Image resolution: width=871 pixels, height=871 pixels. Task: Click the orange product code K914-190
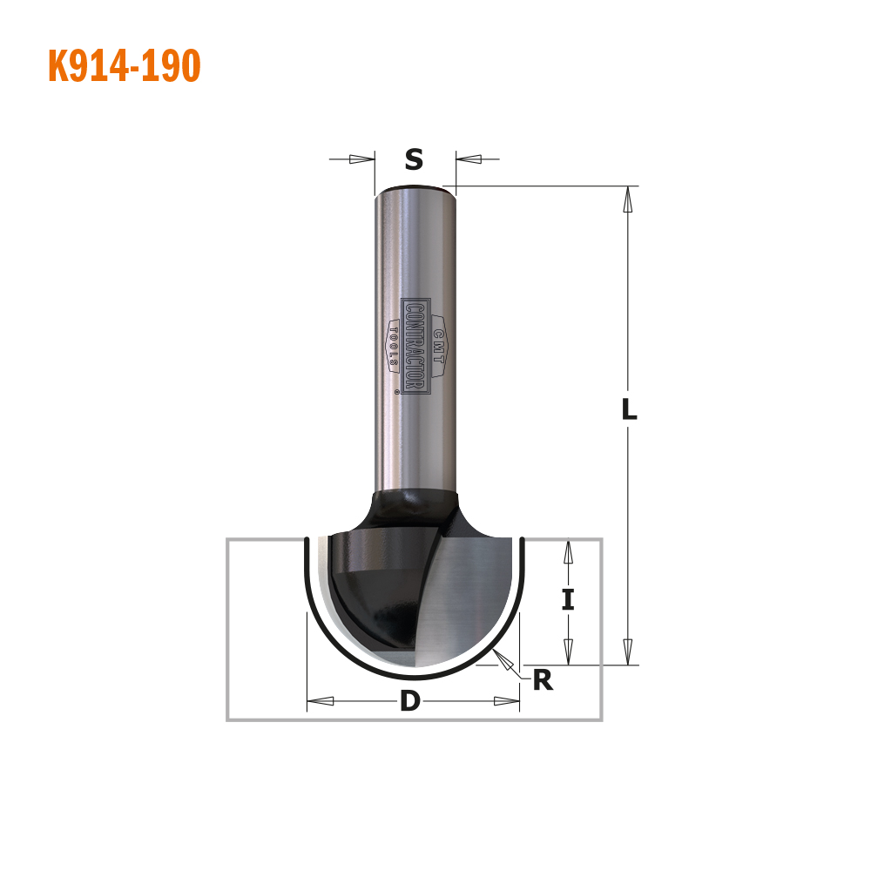pyautogui.click(x=125, y=65)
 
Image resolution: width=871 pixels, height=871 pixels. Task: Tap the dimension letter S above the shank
pyautogui.click(x=414, y=159)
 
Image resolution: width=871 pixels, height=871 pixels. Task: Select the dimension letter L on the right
pyautogui.click(x=629, y=409)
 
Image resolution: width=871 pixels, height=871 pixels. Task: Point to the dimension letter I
pyautogui.click(x=568, y=600)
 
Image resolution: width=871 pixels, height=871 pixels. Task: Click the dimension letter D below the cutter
pyautogui.click(x=410, y=701)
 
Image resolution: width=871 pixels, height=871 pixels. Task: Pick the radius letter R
pyautogui.click(x=543, y=680)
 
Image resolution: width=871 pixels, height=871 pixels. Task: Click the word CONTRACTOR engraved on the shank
pyautogui.click(x=415, y=347)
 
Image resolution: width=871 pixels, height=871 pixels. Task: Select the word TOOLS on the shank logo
pyautogui.click(x=394, y=347)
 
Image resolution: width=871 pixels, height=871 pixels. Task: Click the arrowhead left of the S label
pyautogui.click(x=361, y=159)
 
